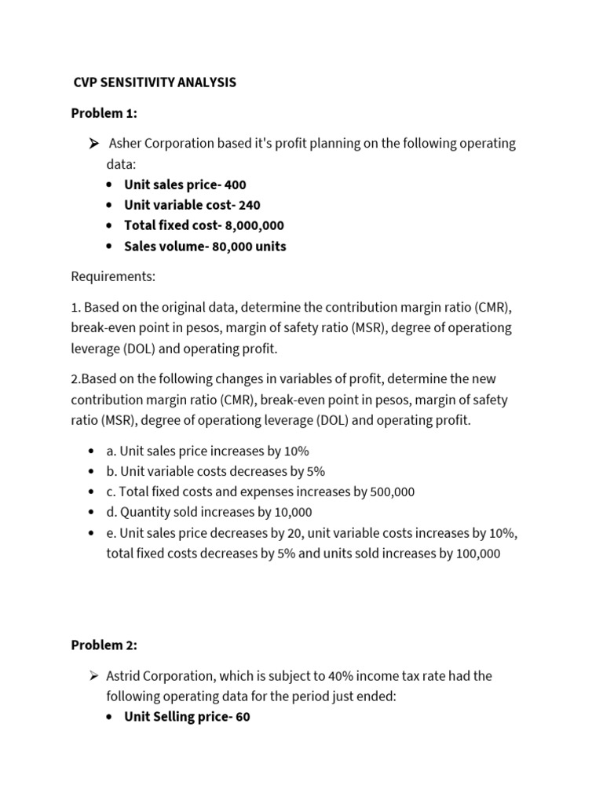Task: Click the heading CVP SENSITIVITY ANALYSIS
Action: [x=154, y=82]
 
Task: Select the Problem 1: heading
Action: [x=104, y=114]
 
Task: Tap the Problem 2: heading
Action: [x=104, y=645]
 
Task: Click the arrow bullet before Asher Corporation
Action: [x=93, y=144]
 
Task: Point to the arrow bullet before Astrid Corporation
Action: [x=93, y=676]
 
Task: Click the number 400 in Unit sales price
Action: [x=235, y=185]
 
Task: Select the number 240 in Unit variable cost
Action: [x=250, y=206]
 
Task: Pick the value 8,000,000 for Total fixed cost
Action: [x=254, y=226]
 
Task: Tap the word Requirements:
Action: [x=113, y=277]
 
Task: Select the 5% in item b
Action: [x=312, y=472]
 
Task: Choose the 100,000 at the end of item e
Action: [x=474, y=554]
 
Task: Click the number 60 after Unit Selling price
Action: [x=243, y=718]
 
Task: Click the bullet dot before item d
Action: [x=93, y=513]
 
